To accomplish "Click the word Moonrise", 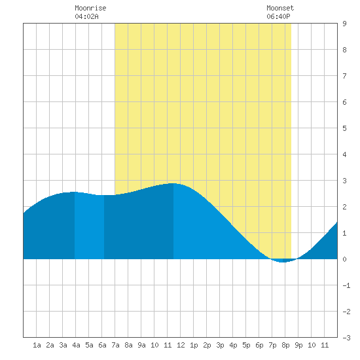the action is point(90,8).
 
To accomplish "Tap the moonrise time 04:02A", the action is point(86,16).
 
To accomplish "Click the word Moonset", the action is point(280,8).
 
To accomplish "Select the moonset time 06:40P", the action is point(278,16).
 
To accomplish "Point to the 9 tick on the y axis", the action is point(344,24).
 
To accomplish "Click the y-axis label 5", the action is point(344,128).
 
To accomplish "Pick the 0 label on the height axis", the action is point(344,259).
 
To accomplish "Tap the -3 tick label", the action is point(346,338).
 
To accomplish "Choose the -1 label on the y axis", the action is point(346,285).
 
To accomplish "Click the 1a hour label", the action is point(37,345).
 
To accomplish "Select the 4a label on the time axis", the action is point(76,345).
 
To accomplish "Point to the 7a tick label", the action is point(115,345).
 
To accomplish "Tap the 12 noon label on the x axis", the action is point(181,345).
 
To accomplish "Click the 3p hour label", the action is point(220,345).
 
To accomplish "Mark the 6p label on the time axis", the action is point(259,345).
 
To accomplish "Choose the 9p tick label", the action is point(298,345).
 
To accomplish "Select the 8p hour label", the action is point(285,345).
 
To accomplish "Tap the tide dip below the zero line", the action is point(283,261).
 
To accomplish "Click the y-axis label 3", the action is point(344,181).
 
